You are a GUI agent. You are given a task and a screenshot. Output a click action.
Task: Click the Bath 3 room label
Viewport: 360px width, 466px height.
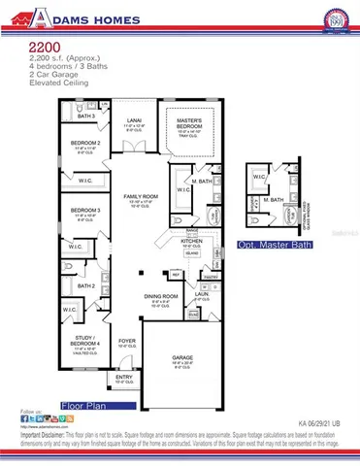pos(86,116)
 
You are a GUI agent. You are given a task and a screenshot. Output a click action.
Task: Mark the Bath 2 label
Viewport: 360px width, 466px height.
pos(86,286)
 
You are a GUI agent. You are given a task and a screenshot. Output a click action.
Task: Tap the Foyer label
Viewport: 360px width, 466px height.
pos(126,340)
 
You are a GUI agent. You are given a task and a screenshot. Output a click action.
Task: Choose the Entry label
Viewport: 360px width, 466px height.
pos(125,380)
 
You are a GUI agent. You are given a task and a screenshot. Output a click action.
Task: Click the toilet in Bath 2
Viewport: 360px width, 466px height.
pos(69,287)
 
